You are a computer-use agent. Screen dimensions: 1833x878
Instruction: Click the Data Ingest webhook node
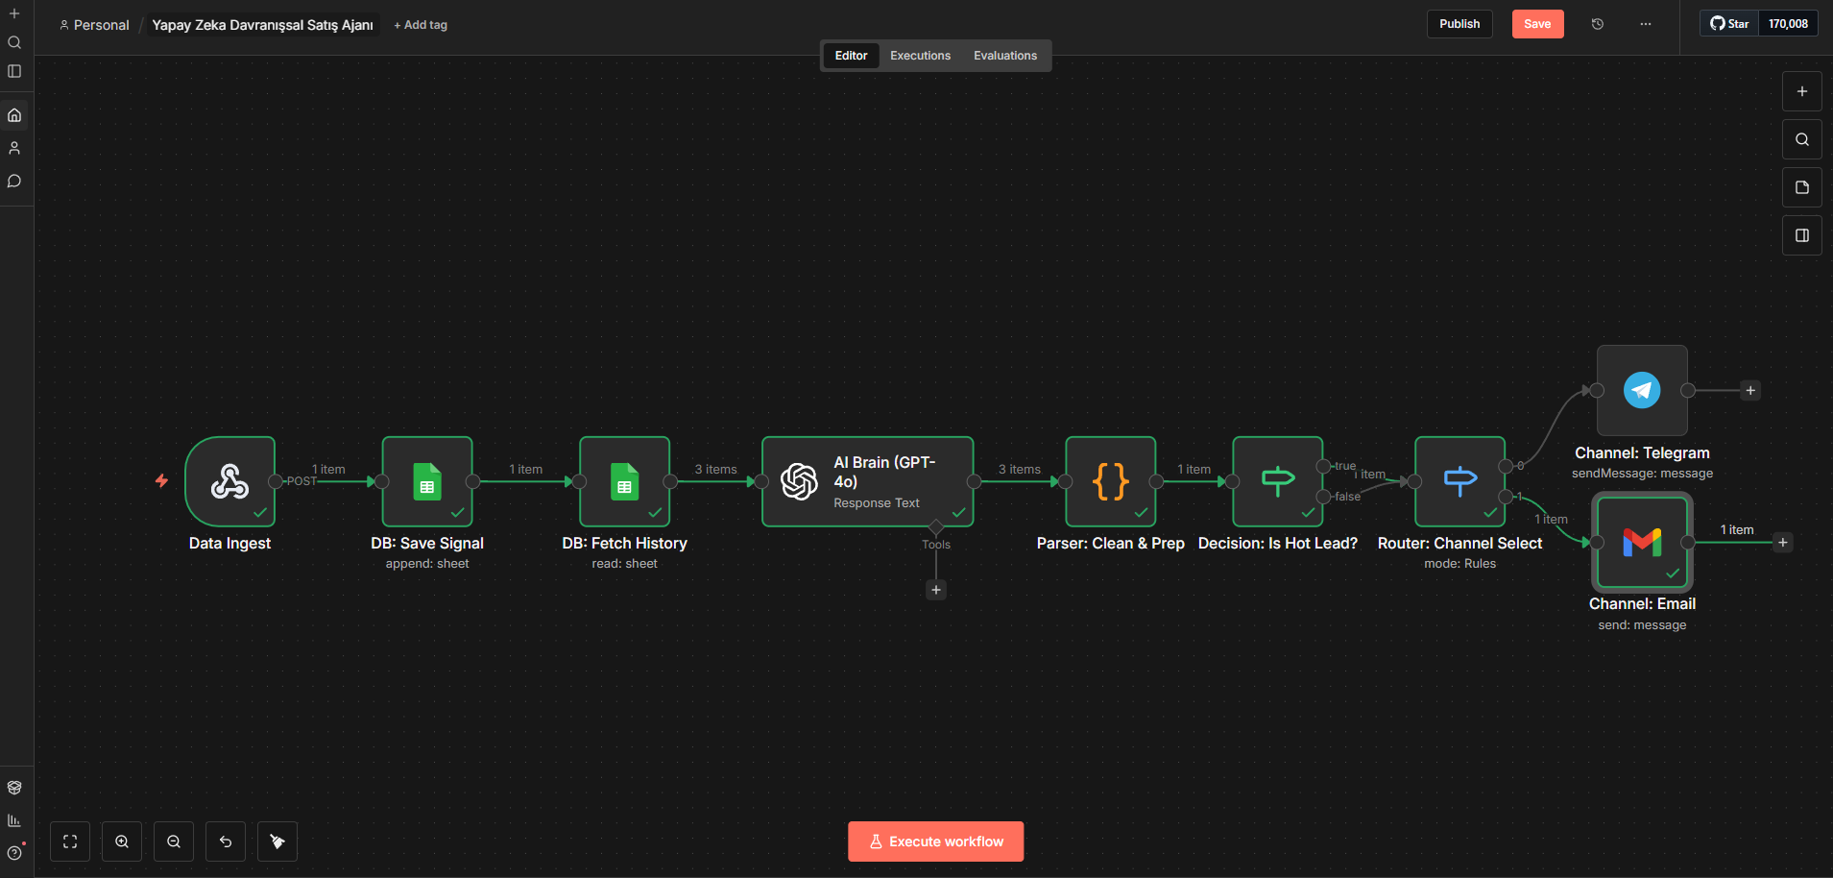(x=230, y=481)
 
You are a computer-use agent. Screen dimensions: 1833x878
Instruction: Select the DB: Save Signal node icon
(x=427, y=481)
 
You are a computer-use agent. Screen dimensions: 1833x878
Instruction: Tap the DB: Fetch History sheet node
(x=625, y=481)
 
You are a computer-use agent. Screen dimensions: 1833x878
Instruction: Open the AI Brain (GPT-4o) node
(x=868, y=481)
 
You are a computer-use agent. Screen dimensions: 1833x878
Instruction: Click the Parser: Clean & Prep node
(x=1111, y=481)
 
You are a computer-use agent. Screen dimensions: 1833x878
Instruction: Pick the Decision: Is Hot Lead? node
(x=1278, y=481)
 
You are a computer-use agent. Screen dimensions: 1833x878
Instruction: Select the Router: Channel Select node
(x=1460, y=481)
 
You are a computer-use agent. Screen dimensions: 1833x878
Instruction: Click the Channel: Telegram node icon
(x=1642, y=390)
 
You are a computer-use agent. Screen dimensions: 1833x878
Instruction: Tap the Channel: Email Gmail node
(x=1642, y=542)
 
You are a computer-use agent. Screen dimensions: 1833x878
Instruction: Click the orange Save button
(x=1537, y=24)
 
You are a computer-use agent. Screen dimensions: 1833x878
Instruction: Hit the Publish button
(x=1459, y=24)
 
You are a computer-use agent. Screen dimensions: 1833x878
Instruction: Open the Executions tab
(x=920, y=56)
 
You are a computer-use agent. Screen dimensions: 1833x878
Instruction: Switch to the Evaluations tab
(x=1005, y=56)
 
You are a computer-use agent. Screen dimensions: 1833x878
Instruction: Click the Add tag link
(x=421, y=25)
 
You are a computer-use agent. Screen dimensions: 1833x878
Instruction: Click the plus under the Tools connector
(x=936, y=590)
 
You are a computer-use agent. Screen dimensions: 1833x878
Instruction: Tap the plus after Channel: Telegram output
(x=1750, y=390)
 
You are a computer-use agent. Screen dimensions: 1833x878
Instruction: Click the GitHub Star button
(x=1729, y=24)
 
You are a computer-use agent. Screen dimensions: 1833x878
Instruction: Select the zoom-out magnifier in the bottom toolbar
(x=174, y=841)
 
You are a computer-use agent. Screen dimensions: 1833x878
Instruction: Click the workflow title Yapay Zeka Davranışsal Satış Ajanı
(x=263, y=25)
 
